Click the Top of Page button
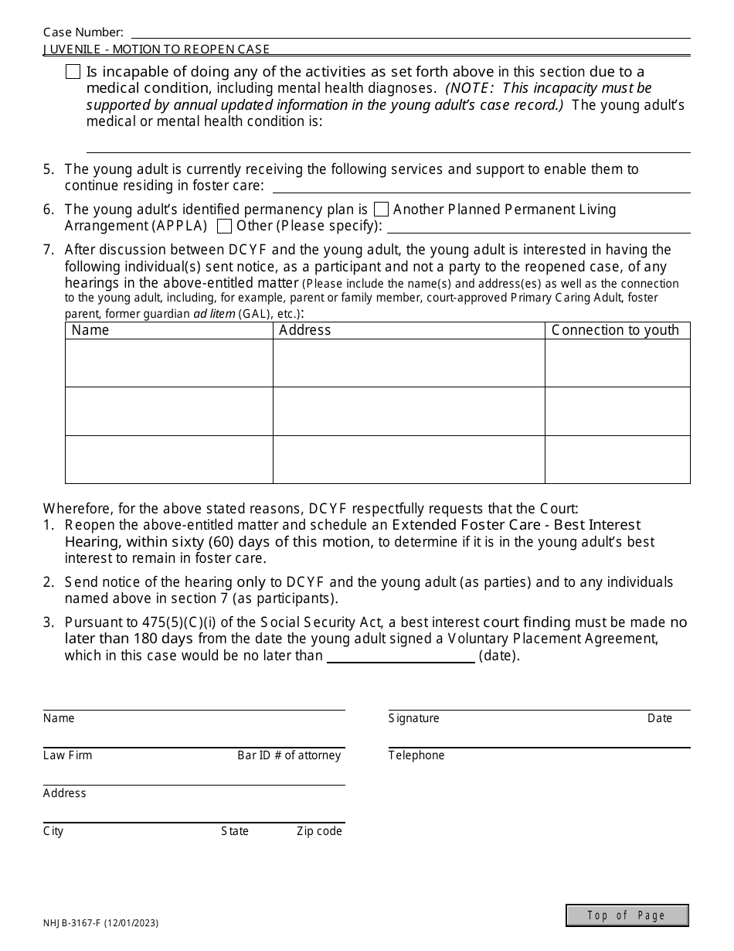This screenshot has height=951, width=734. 627,915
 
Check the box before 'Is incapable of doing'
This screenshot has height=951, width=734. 73,72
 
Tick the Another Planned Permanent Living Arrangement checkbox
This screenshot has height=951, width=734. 381,210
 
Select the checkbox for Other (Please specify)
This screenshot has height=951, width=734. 225,227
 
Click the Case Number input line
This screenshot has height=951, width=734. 410,32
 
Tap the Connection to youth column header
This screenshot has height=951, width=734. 617,330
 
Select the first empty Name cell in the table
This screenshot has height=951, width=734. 168,363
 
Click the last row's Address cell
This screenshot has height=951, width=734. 408,459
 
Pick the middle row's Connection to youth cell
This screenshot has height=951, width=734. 617,411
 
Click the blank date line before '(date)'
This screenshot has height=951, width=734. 401,656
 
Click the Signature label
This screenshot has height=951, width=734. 413,718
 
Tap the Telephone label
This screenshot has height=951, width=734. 416,755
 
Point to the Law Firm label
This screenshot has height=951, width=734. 67,755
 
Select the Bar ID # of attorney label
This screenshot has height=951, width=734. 288,755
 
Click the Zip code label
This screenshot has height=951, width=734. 319,831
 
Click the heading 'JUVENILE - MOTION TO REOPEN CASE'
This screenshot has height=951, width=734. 156,49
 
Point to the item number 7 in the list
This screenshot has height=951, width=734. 49,250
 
